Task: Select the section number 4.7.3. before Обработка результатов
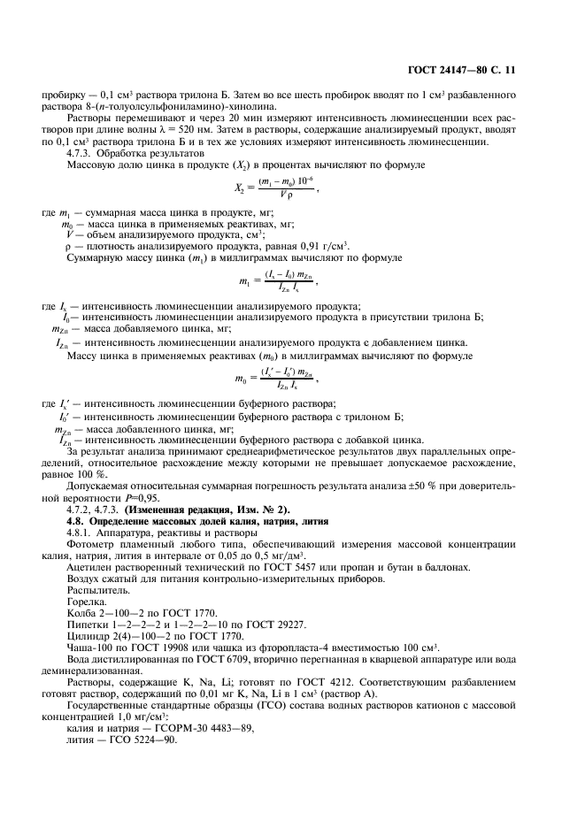(x=85, y=153)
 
